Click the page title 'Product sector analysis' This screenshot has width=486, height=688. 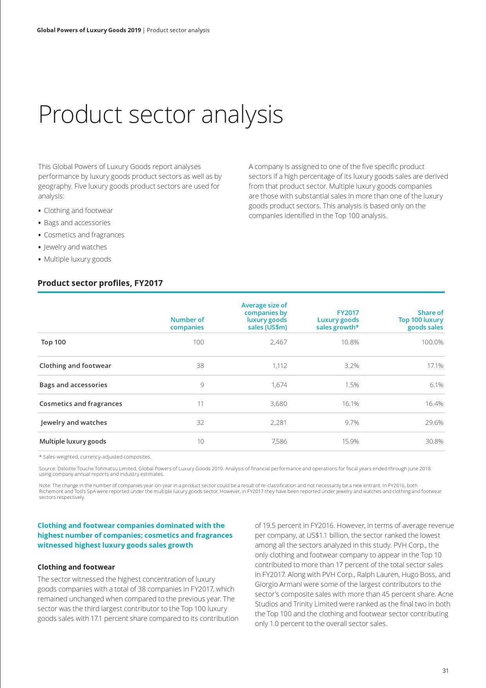click(x=161, y=115)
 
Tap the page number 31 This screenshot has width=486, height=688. click(x=445, y=670)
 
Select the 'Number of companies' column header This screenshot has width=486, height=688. click(x=187, y=324)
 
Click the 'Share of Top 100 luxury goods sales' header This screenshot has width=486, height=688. click(x=421, y=320)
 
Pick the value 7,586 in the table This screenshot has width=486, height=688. click(x=279, y=441)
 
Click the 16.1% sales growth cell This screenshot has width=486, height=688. click(x=350, y=404)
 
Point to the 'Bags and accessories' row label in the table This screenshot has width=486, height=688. click(x=73, y=385)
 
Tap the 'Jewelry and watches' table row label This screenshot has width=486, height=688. click(x=74, y=422)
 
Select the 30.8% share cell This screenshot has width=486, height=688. click(x=434, y=441)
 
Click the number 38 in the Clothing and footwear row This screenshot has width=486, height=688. click(x=200, y=366)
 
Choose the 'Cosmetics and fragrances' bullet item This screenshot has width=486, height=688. click(x=84, y=235)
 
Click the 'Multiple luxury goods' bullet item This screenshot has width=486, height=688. click(x=77, y=259)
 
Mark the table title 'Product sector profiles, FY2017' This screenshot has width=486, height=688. click(x=100, y=283)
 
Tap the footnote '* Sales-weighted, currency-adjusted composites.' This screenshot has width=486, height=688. click(x=95, y=457)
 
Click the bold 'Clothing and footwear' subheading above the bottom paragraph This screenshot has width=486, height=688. click(x=76, y=567)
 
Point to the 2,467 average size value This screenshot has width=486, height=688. click(x=278, y=342)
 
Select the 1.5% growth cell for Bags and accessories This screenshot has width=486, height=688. click(x=352, y=385)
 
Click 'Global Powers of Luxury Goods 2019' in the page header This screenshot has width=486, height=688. click(x=89, y=30)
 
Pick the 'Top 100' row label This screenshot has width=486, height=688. click(x=53, y=342)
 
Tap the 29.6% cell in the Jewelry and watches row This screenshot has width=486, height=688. click(x=434, y=422)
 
